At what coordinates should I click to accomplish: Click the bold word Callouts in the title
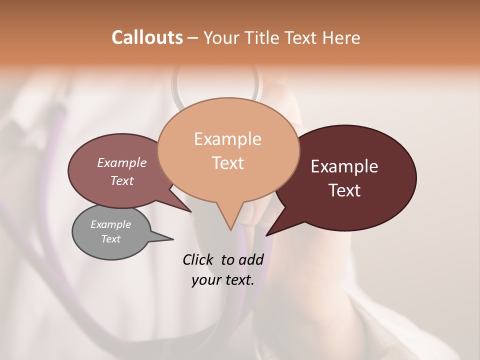(147, 37)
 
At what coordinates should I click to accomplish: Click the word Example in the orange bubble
(227, 139)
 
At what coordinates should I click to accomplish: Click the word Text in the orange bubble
(227, 163)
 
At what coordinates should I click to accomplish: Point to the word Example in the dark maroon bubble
(344, 166)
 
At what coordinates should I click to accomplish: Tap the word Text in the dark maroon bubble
(344, 190)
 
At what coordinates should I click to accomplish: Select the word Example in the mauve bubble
(121, 163)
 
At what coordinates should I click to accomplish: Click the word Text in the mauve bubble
(121, 181)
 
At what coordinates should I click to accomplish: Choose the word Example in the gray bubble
(110, 224)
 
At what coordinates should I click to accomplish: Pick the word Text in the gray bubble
(110, 239)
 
